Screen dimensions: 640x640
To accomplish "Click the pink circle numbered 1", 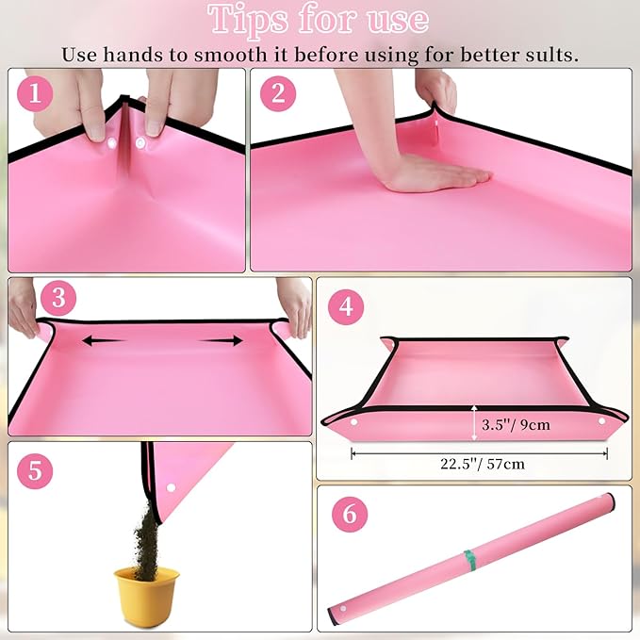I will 36,93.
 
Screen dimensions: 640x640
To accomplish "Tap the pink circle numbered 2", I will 278,93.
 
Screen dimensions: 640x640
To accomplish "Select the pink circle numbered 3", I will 59,300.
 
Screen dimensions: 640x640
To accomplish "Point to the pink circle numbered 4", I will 346,306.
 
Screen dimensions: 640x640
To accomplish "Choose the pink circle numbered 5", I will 35,469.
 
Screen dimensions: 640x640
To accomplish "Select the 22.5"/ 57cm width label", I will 480,465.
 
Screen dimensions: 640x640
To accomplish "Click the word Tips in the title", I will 249,19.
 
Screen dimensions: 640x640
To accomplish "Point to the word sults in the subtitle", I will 550,53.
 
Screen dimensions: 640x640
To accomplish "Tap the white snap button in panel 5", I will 172,488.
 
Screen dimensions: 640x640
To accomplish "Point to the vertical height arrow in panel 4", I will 473,423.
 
